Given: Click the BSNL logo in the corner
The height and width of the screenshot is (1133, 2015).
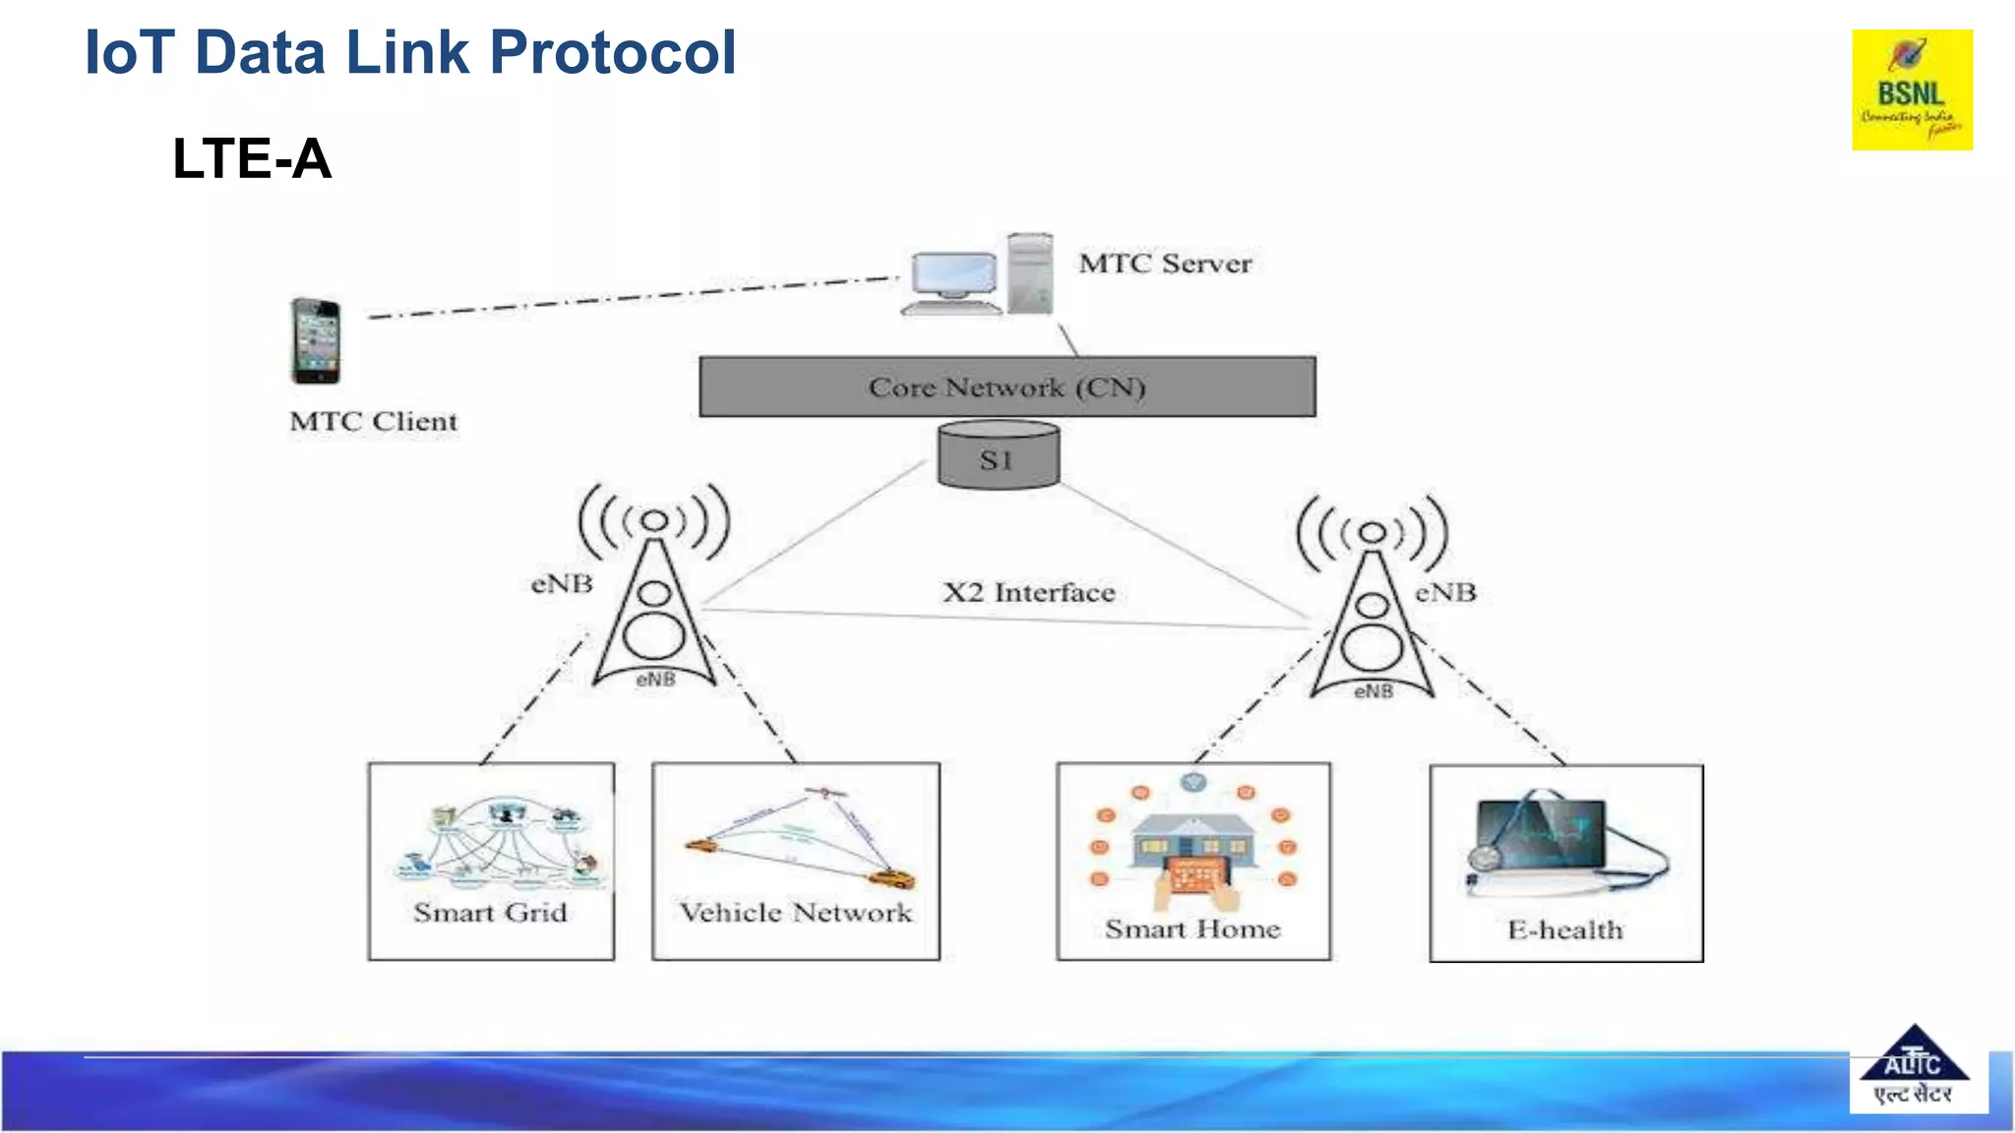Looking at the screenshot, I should coord(1911,89).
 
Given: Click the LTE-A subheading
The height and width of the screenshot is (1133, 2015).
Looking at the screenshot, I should coord(252,158).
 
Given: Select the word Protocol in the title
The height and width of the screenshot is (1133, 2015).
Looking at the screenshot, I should coord(612,52).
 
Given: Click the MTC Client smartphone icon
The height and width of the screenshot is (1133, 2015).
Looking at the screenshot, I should coord(316,340).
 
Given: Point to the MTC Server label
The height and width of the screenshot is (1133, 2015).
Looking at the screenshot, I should coord(1165,264).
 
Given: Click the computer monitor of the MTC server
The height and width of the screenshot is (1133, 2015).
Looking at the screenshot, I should coord(953,277).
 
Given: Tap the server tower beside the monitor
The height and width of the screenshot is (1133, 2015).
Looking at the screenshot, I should coord(1030,272).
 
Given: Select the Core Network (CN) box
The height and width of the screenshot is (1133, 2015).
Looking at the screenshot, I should coord(1007,387).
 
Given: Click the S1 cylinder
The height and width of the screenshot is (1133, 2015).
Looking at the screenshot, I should coord(998,456).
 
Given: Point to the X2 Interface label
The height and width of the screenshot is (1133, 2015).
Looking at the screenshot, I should coord(1029,593).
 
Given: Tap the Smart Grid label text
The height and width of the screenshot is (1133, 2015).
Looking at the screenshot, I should coord(490,913).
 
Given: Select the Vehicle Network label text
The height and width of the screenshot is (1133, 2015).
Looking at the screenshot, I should coord(795,913).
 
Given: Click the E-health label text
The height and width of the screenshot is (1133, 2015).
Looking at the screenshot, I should coord(1564,929).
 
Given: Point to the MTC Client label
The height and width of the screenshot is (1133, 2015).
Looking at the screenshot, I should coord(373,422).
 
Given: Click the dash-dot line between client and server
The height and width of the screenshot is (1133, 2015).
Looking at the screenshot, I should coord(630,297).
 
